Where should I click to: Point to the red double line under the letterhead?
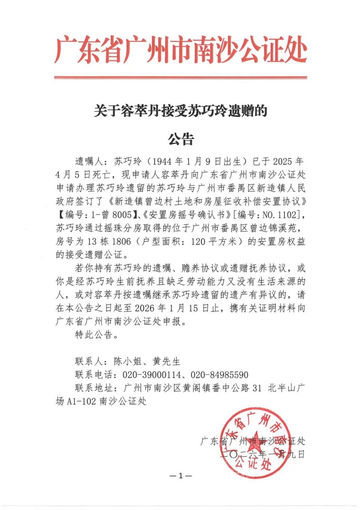(180, 77)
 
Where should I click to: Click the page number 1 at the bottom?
(180, 476)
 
